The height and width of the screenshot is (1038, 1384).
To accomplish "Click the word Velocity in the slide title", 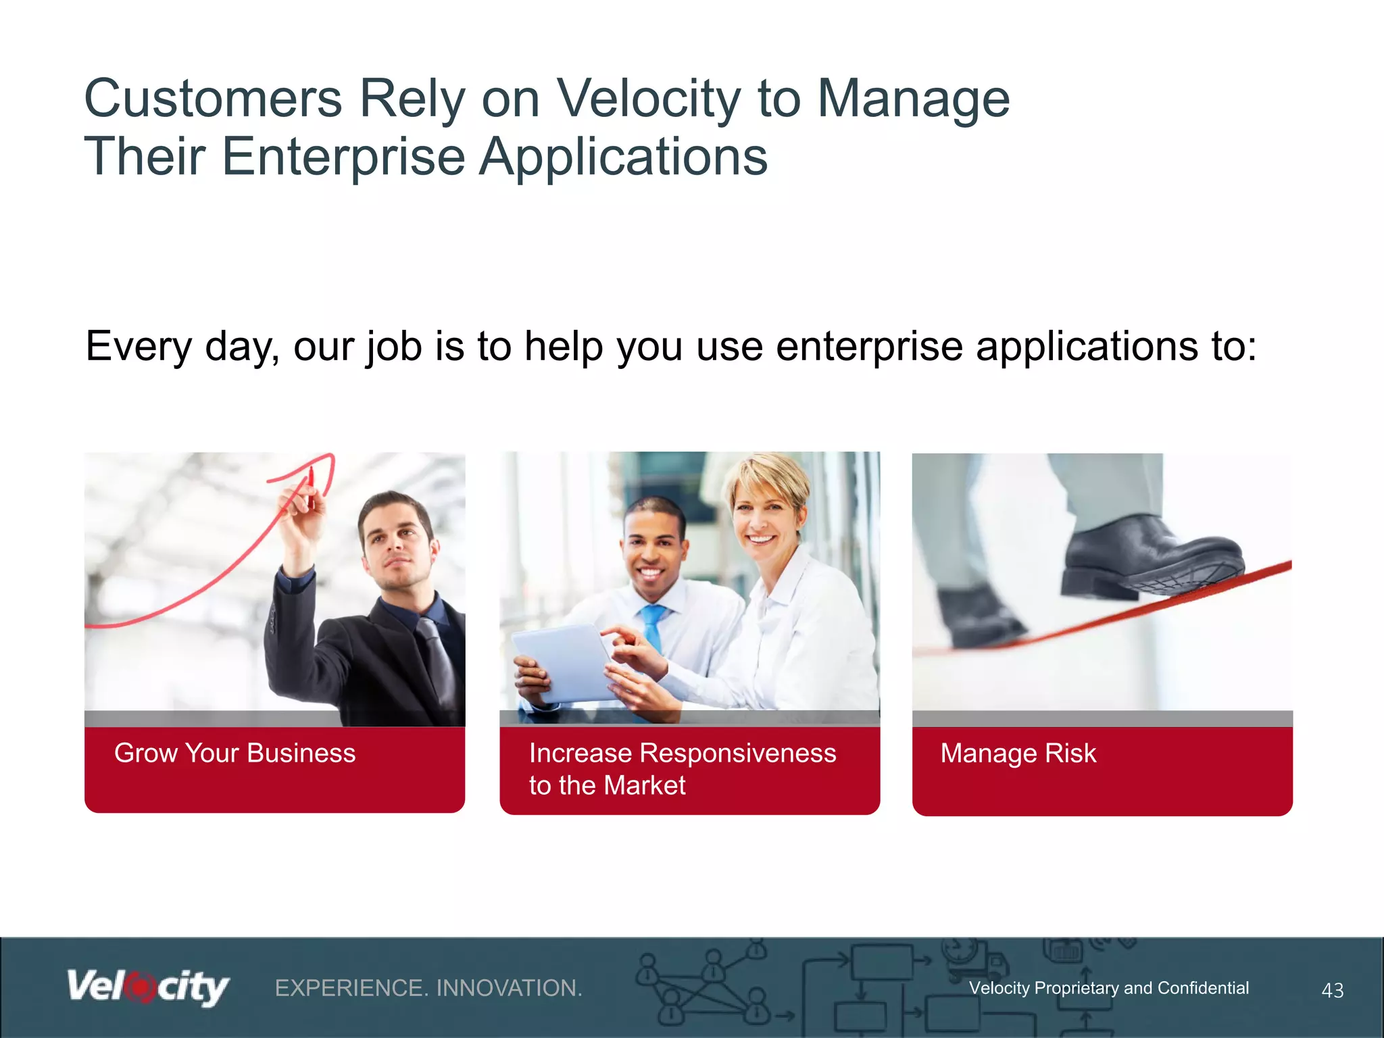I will point(647,99).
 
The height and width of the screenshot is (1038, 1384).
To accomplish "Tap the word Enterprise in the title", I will point(343,157).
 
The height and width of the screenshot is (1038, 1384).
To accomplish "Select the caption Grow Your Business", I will point(234,753).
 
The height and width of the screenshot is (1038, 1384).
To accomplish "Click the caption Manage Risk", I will point(1018,753).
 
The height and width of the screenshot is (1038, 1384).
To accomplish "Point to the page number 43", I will point(1332,990).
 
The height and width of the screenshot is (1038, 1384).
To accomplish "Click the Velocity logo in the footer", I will point(147,987).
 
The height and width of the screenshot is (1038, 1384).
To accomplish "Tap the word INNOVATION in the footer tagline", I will point(508,988).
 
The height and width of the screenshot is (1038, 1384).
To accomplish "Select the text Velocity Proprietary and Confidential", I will point(1108,988).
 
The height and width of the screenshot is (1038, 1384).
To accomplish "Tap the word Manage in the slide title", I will point(914,99).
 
